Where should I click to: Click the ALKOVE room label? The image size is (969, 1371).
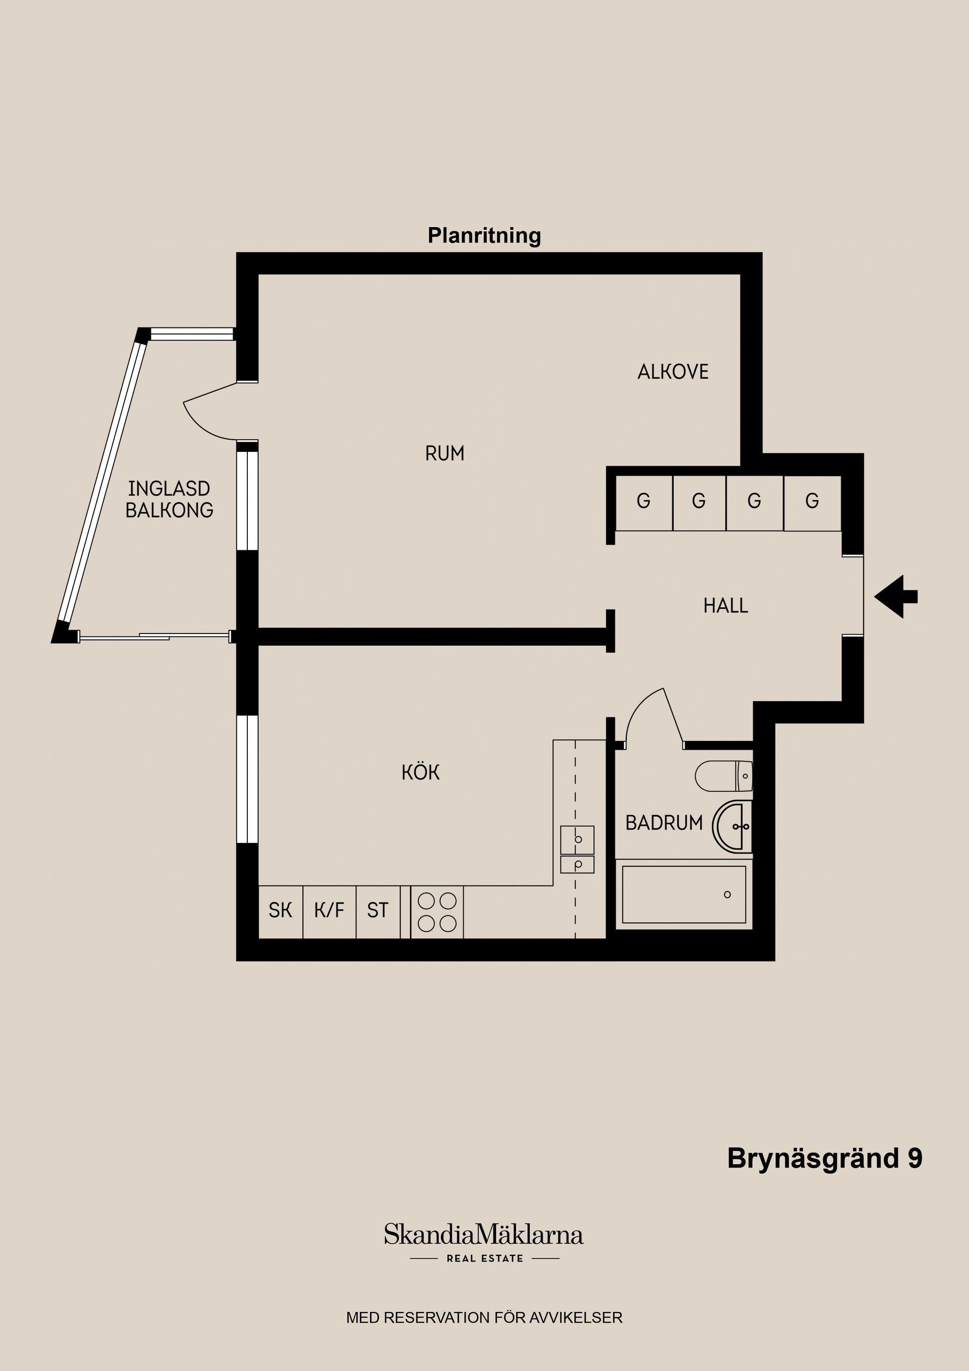tap(673, 372)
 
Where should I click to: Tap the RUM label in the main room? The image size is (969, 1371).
tap(445, 454)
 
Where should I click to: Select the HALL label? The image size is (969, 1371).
tap(725, 605)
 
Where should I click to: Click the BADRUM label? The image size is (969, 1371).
tap(664, 823)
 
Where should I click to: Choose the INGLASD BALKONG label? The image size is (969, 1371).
tap(169, 499)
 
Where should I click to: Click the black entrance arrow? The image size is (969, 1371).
tap(895, 597)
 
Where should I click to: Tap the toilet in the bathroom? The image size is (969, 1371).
tap(724, 776)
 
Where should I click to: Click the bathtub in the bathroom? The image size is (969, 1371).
tap(684, 894)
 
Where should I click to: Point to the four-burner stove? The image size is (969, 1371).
tap(437, 912)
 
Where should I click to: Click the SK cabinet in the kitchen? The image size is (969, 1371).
tap(281, 912)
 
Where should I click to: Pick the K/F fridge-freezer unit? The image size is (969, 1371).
tap(330, 912)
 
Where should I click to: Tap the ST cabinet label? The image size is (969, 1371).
tap(378, 911)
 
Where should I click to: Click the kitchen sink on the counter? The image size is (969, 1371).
tap(577, 849)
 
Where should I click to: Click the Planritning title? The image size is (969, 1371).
tap(484, 236)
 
